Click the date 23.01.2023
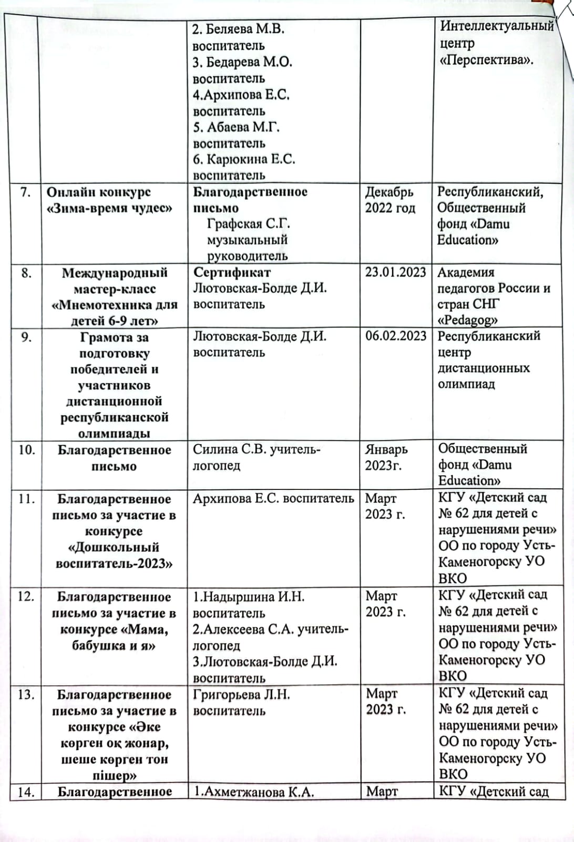click(395, 272)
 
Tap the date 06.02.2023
click(395, 336)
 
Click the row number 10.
click(27, 450)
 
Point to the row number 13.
click(26, 695)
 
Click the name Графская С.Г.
click(249, 224)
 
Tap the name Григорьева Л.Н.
click(241, 695)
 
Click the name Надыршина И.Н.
click(248, 597)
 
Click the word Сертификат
click(232, 272)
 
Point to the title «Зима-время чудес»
click(109, 208)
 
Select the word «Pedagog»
click(467, 320)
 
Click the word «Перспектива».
click(487, 59)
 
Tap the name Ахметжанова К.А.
click(254, 792)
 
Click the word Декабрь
click(389, 192)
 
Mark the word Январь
click(386, 449)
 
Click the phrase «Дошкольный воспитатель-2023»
click(114, 555)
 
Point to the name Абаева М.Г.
click(236, 127)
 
